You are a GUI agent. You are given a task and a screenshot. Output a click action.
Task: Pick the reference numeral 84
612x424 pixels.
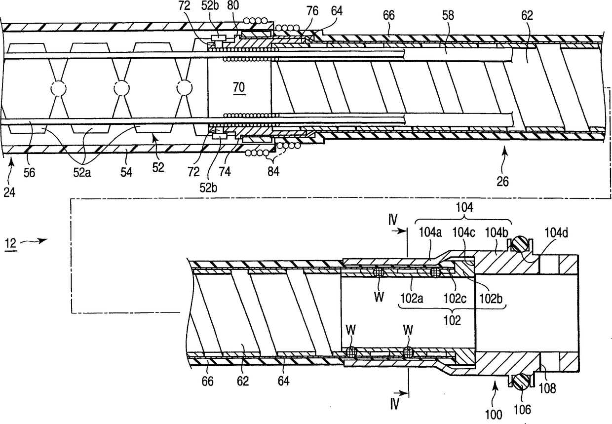coord(272,172)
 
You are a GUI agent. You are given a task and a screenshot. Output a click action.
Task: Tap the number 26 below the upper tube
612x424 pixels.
coord(504,182)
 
